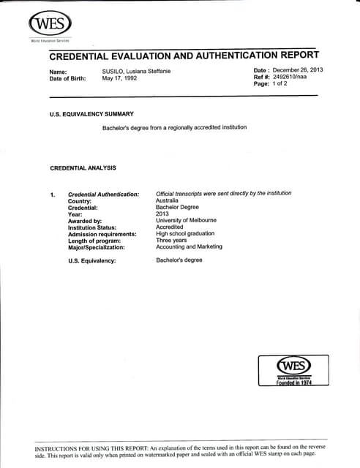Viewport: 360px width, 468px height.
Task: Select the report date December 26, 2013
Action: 296,70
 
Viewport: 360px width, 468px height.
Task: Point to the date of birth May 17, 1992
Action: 119,78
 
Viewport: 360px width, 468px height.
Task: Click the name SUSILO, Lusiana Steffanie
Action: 142,71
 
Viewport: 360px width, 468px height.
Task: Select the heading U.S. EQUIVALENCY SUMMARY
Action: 91,114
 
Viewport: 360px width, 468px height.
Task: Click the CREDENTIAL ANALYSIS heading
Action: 83,168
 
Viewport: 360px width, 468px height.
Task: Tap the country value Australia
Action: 169,200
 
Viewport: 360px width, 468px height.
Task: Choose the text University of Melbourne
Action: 187,220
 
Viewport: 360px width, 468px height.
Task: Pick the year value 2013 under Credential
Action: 162,214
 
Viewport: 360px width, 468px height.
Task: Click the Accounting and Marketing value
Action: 189,246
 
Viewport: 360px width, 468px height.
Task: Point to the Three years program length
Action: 171,240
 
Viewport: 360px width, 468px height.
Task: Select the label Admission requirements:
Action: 102,234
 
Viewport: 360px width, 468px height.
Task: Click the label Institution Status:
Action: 93,227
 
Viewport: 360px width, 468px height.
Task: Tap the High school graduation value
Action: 185,233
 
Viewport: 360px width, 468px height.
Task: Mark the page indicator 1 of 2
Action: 282,84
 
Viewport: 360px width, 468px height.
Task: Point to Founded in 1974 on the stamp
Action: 293,382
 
